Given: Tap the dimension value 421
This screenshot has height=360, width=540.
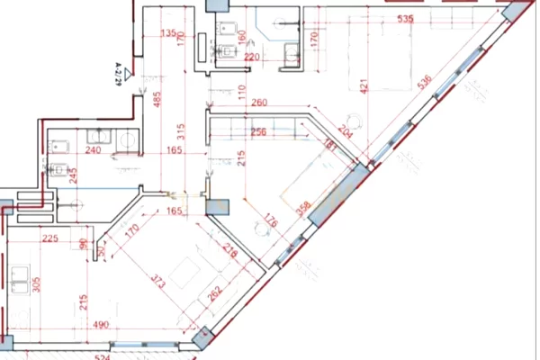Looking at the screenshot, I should coord(364,86).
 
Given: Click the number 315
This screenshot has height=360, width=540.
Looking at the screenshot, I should coord(180,130).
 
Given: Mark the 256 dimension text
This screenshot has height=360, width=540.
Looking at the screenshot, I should coord(259,131).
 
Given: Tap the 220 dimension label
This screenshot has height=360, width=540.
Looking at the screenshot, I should coord(252,57).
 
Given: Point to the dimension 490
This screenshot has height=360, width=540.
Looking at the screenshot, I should coord(99,325).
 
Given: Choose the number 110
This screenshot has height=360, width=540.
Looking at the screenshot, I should coord(241,90).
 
